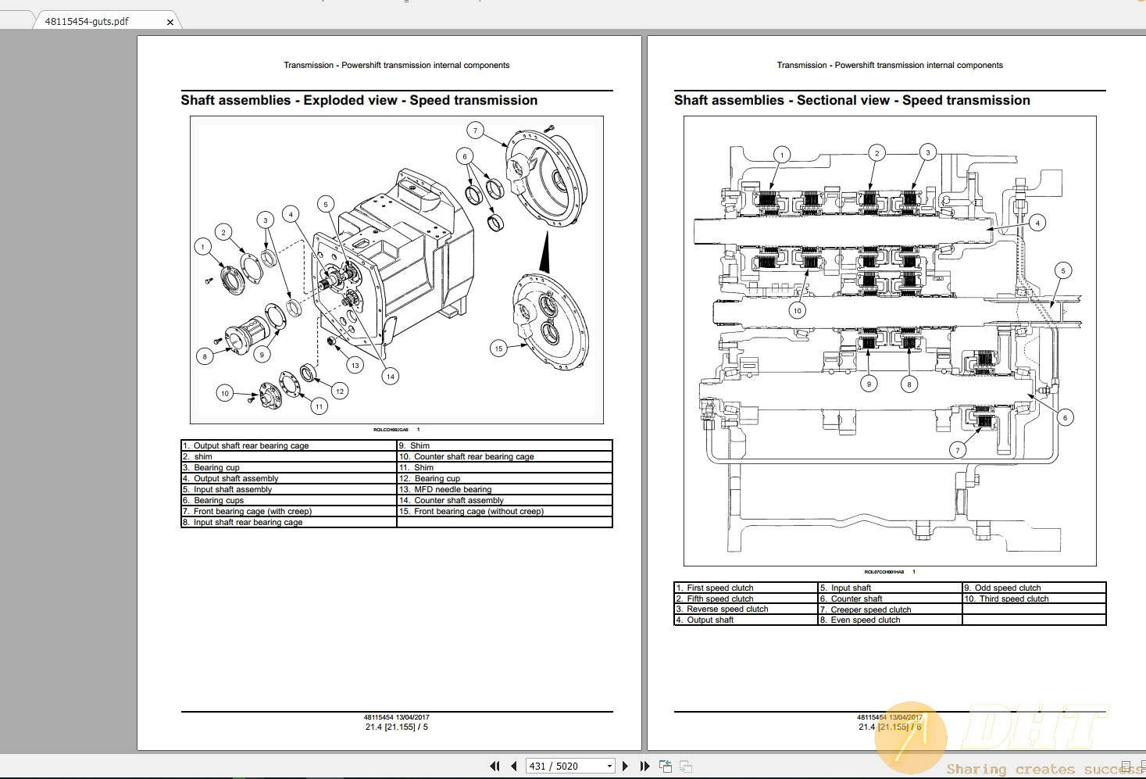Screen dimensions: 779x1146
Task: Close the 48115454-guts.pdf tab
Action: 170,22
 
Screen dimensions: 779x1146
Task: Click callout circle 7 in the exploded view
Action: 475,130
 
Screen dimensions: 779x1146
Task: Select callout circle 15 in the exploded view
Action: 498,348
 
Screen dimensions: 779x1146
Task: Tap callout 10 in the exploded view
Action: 225,393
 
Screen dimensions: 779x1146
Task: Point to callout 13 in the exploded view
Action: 355,365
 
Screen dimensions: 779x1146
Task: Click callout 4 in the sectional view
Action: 1037,223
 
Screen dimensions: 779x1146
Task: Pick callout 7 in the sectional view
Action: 958,450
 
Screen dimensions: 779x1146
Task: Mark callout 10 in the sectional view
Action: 797,310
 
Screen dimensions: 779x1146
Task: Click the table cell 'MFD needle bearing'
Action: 452,490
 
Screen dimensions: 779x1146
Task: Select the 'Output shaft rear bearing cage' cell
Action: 251,446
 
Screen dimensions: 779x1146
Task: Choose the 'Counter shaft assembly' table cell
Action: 459,501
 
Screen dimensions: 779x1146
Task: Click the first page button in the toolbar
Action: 494,766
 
